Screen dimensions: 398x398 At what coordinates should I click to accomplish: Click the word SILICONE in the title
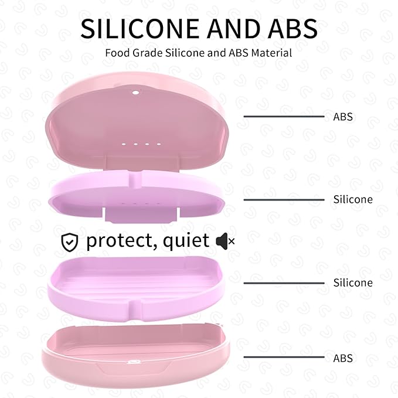[x=139, y=29]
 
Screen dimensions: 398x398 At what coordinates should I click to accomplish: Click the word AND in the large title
[x=226, y=29]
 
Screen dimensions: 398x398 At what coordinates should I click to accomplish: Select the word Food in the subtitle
[x=116, y=53]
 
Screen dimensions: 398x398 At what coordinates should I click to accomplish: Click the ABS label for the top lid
[x=343, y=117]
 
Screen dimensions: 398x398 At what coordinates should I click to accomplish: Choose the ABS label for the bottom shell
[x=343, y=358]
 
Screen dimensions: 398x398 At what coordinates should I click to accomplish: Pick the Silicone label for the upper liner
[x=353, y=199]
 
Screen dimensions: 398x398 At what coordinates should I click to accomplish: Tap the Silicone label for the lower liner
[x=353, y=283]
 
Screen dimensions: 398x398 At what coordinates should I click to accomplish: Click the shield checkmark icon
[x=70, y=241]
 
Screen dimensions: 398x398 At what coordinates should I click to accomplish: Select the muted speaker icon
[x=225, y=240]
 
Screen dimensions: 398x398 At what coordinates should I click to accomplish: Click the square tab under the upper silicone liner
[x=141, y=215]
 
